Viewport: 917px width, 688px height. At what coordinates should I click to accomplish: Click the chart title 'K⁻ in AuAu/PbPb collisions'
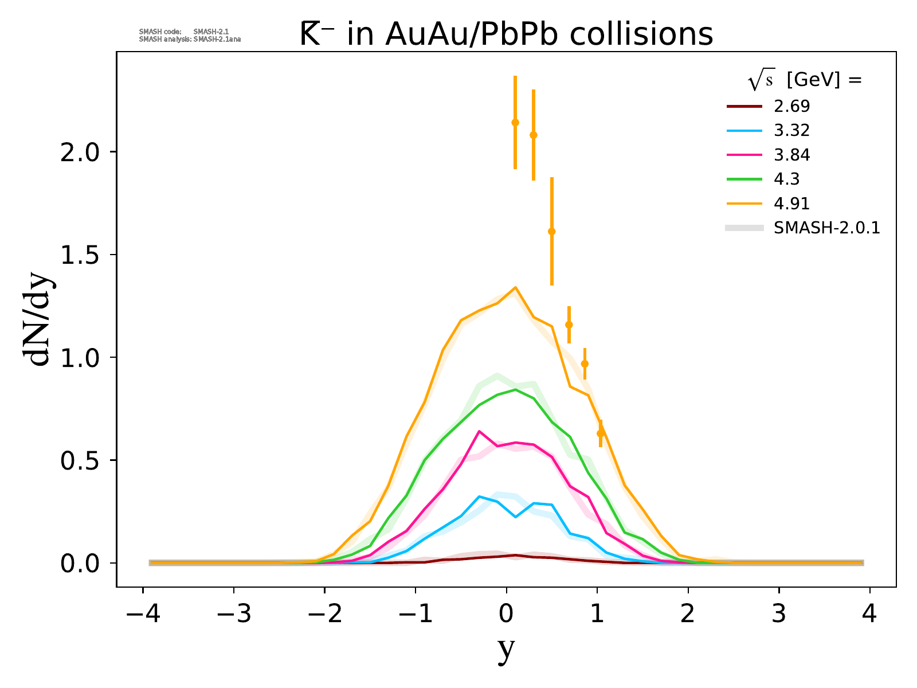point(506,34)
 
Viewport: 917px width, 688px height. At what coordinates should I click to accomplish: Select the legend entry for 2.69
point(791,106)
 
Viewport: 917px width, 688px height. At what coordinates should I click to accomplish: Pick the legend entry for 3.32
point(791,131)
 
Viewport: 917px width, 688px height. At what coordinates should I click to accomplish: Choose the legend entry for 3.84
point(791,155)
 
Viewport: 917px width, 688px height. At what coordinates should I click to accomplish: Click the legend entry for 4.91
point(791,204)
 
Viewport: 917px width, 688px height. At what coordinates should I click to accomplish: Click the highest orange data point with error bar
point(515,122)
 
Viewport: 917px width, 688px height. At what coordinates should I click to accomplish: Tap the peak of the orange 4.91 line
point(515,287)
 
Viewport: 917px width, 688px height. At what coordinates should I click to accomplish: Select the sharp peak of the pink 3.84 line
point(479,431)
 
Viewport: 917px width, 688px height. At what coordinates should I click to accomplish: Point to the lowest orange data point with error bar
point(601,433)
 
